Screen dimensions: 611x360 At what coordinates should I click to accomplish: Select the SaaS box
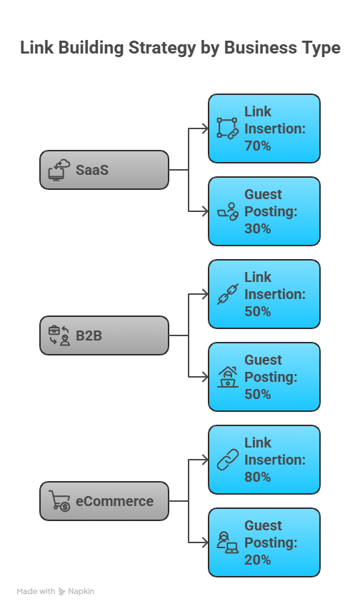tap(104, 170)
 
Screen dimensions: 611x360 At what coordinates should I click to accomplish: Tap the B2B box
tap(104, 335)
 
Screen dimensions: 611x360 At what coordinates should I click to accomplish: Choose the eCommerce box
tap(104, 501)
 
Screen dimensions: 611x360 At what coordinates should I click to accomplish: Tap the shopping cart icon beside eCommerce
tap(59, 501)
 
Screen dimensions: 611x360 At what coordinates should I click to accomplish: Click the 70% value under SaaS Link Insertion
tap(258, 146)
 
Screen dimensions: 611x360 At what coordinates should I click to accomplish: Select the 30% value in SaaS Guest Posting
tap(258, 228)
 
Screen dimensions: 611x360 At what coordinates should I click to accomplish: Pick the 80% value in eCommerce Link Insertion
tap(258, 477)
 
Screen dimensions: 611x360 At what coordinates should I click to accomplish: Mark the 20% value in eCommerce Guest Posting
tap(258, 560)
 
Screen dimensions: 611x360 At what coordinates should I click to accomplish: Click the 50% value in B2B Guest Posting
tap(258, 394)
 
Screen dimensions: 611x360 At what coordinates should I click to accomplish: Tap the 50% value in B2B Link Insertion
tap(258, 311)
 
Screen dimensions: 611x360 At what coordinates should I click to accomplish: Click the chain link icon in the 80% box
tap(227, 460)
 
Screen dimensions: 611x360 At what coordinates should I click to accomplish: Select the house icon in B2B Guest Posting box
tap(227, 377)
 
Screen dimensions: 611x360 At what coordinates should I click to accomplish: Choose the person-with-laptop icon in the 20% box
tap(227, 542)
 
